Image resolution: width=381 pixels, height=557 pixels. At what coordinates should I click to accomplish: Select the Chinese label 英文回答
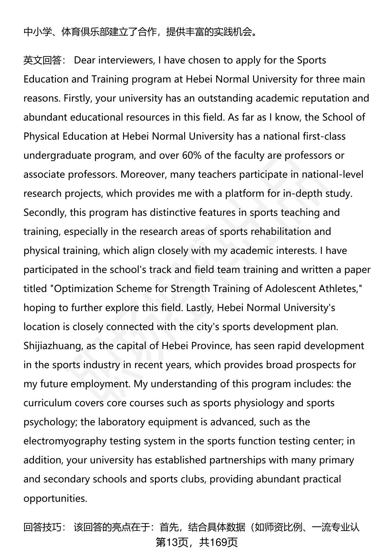tap(43, 60)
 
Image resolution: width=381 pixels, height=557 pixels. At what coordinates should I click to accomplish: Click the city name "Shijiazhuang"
tap(53, 346)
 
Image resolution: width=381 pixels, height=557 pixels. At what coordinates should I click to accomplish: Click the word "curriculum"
tap(47, 403)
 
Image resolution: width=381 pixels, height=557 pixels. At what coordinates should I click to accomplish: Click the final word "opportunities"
tap(55, 498)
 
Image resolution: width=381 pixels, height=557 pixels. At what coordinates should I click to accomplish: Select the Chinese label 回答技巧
tap(43, 527)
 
